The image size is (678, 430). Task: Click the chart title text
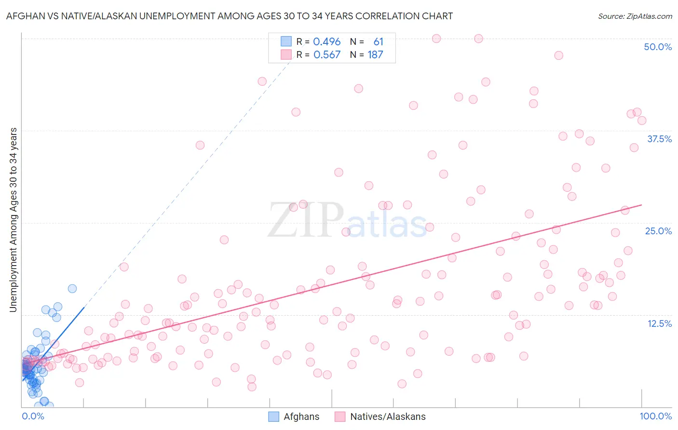point(229,16)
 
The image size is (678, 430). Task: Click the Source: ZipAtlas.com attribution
point(635,16)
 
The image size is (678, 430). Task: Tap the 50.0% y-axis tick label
point(658,47)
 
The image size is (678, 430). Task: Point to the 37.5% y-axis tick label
point(659,139)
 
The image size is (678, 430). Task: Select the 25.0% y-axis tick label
point(658,231)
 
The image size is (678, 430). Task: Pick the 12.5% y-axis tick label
point(659,323)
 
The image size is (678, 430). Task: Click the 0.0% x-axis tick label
point(33,416)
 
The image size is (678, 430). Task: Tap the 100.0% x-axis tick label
point(655,416)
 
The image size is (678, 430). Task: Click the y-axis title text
point(13,219)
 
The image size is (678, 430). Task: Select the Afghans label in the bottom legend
point(301,417)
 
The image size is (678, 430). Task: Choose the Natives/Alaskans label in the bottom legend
point(388,417)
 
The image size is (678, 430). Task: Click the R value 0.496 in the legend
point(327,42)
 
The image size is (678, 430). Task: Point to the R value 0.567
point(327,55)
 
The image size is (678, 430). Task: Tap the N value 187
point(375,55)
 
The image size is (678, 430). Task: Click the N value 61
point(378,42)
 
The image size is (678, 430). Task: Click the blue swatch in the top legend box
point(286,42)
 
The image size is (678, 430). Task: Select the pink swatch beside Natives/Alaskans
point(340,417)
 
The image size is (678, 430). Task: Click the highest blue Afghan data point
point(72,289)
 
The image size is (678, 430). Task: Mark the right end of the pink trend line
point(641,205)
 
